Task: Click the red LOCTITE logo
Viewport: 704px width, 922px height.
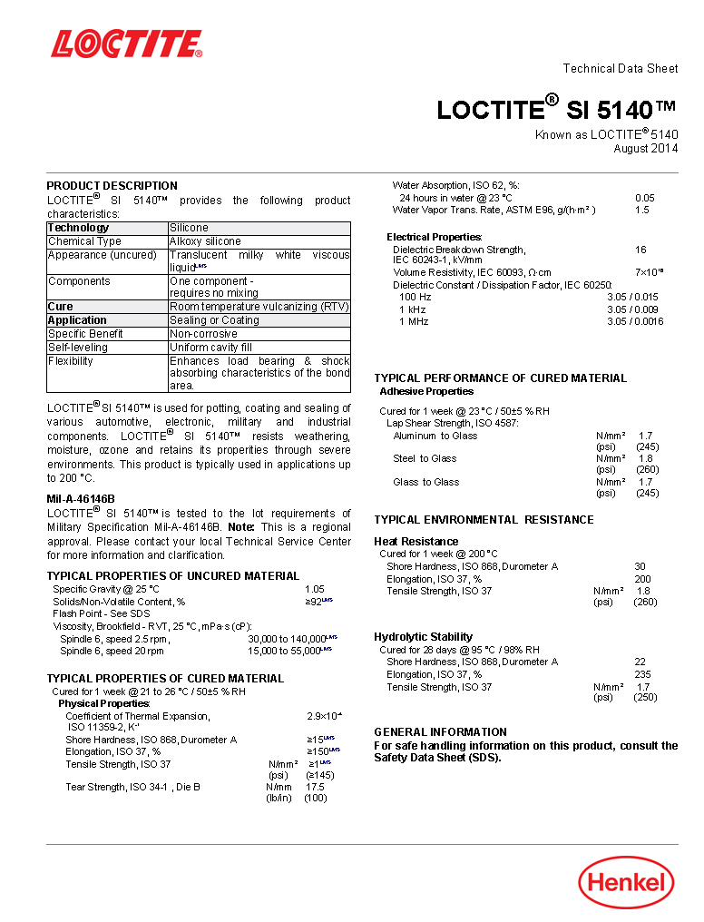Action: point(126,44)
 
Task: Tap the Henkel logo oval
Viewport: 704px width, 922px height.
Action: point(627,882)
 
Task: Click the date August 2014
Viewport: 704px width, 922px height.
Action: point(645,149)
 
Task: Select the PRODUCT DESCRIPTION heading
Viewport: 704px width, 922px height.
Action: point(112,186)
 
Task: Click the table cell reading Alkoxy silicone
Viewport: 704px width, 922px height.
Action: point(205,241)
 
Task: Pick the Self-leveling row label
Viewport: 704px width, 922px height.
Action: point(79,348)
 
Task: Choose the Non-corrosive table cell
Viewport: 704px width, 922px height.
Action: point(203,334)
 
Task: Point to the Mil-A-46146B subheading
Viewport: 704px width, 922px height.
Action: point(81,499)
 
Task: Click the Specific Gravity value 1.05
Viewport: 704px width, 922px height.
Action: point(314,589)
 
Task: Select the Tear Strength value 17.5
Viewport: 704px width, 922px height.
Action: point(315,787)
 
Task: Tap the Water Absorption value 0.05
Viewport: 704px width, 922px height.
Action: point(644,198)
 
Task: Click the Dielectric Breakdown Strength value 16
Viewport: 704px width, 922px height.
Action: point(640,250)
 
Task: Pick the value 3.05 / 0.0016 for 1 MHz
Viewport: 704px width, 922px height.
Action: point(635,321)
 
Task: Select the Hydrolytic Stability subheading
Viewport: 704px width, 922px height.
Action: point(424,637)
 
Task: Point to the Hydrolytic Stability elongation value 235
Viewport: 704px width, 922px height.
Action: point(642,674)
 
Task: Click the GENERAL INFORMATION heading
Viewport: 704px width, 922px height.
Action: point(441,732)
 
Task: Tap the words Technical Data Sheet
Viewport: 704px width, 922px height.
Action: point(621,69)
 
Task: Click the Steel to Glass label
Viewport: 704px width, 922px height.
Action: point(425,458)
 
